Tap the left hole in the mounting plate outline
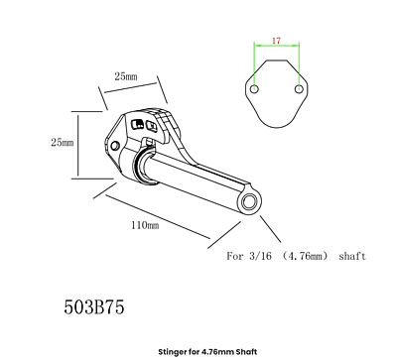click(254, 90)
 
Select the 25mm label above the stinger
click(126, 75)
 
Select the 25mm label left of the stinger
click(62, 143)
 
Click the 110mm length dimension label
click(145, 226)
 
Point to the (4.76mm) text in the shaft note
click(304, 255)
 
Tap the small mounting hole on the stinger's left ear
click(114, 145)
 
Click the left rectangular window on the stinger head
click(139, 125)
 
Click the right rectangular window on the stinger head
click(152, 126)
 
